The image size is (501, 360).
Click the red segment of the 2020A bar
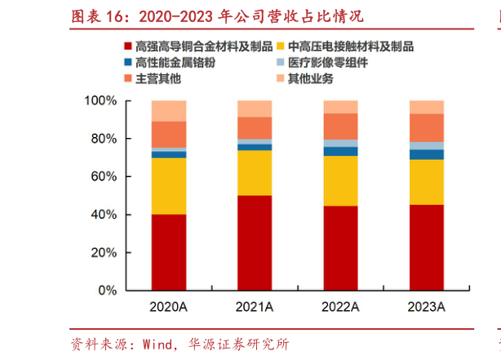click(x=169, y=251)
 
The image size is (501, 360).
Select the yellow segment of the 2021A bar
click(x=255, y=172)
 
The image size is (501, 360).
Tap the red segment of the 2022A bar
click(x=340, y=247)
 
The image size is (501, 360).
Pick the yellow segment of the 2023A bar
click(x=426, y=181)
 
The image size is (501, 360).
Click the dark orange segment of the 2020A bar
click(x=169, y=134)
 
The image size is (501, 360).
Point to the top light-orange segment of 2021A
click(x=255, y=109)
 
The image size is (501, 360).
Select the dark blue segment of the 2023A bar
click(x=426, y=154)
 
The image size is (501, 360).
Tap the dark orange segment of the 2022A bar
click(x=340, y=126)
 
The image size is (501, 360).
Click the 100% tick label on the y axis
click(x=100, y=100)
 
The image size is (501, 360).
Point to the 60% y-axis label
click(x=104, y=176)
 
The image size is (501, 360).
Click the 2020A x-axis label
click(x=169, y=307)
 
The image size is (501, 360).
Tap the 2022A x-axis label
click(x=340, y=307)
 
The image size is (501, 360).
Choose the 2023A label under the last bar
click(x=426, y=307)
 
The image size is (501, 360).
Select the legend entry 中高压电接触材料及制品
click(x=351, y=47)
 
